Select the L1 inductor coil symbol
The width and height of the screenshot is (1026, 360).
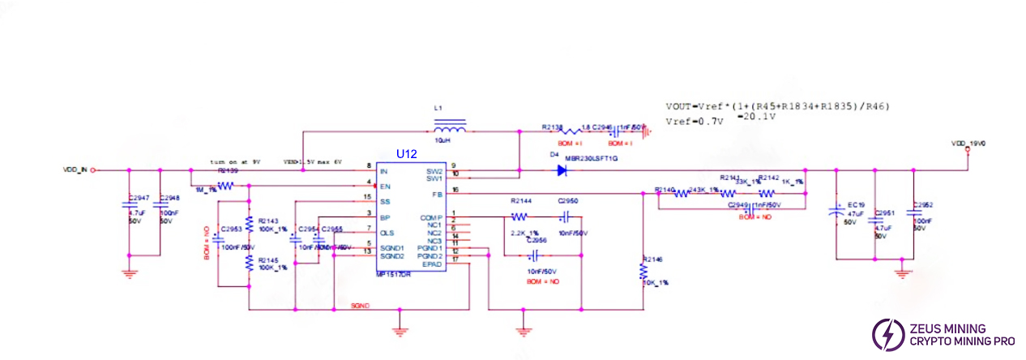[x=450, y=128]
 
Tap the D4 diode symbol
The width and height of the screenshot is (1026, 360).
[x=561, y=170]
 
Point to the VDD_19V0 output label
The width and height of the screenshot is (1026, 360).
[x=968, y=144]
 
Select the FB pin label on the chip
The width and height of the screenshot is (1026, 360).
[x=436, y=194]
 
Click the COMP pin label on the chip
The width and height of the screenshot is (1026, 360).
[x=430, y=217]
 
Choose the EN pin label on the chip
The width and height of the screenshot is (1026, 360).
[x=385, y=186]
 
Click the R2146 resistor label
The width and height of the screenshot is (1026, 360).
[x=652, y=259]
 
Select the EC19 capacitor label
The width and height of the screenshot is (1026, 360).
[x=856, y=205]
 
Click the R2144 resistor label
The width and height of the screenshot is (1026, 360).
[x=521, y=200]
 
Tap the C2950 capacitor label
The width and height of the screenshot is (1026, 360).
[x=568, y=200]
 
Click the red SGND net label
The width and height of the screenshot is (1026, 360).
[x=360, y=306]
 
